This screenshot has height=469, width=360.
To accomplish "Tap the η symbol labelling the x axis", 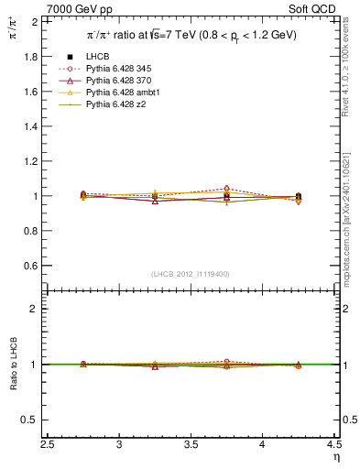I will (x=336, y=456).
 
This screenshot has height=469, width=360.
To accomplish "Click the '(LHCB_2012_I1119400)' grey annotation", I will (x=191, y=274).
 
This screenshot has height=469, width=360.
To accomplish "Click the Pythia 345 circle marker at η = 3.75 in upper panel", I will (x=227, y=189).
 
